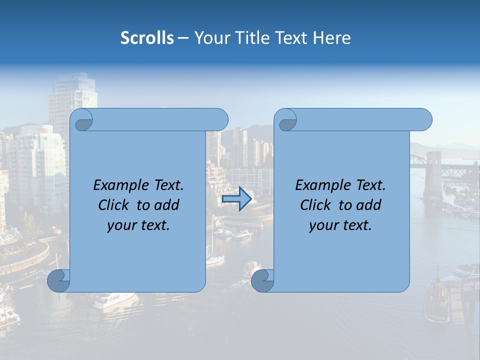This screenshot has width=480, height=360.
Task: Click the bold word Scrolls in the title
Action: click(x=147, y=38)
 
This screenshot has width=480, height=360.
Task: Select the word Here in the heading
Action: click(x=332, y=38)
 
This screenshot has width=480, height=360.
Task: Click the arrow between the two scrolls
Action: click(x=236, y=199)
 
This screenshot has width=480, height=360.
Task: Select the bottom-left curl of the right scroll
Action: click(x=262, y=281)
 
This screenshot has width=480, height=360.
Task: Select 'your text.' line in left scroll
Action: click(x=138, y=225)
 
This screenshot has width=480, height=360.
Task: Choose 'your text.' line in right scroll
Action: click(x=340, y=225)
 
